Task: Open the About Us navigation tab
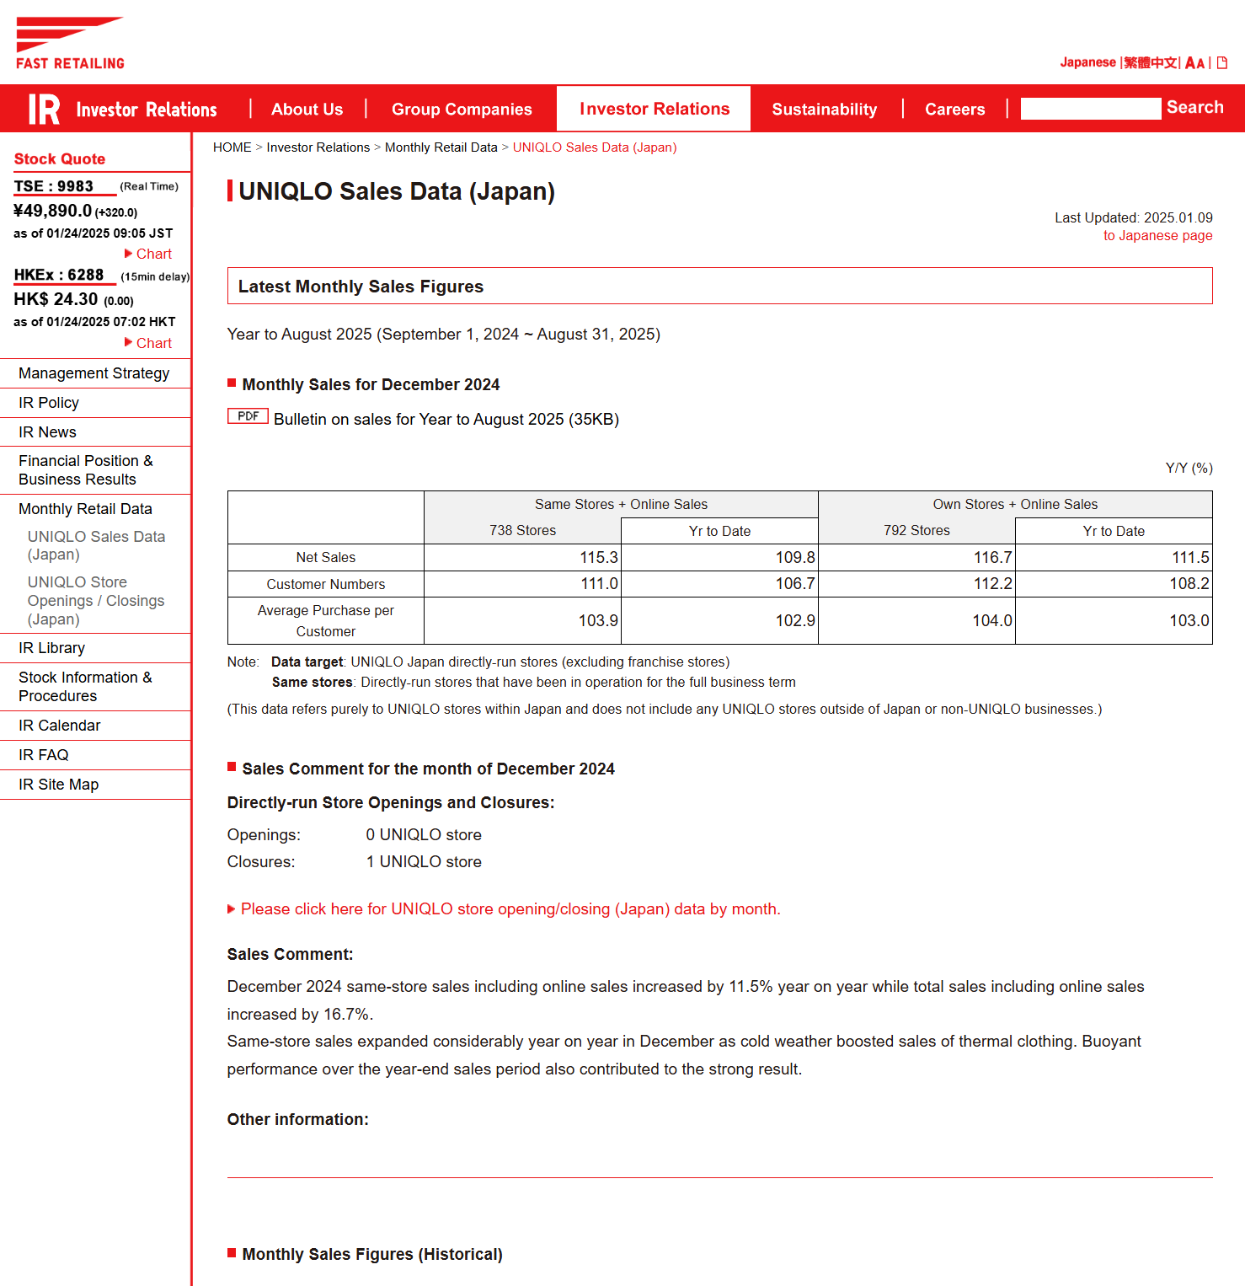pos(307,110)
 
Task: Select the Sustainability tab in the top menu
pos(824,110)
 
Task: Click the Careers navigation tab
pos(954,110)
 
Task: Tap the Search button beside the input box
pos(1194,108)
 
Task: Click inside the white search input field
pos(1090,109)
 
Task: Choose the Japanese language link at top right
pos(1087,62)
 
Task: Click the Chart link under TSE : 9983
pos(153,255)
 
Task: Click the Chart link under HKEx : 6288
pos(153,344)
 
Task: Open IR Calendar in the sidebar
pos(60,726)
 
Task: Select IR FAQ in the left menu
pos(44,755)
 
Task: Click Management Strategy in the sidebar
pos(94,373)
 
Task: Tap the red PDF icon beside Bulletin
pos(248,416)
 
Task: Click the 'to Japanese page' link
pos(1157,236)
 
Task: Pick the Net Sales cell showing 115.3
pos(598,558)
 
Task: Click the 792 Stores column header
pos(916,531)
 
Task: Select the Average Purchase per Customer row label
pos(325,621)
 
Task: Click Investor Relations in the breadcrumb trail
pos(318,147)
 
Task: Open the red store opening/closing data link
pos(510,909)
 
